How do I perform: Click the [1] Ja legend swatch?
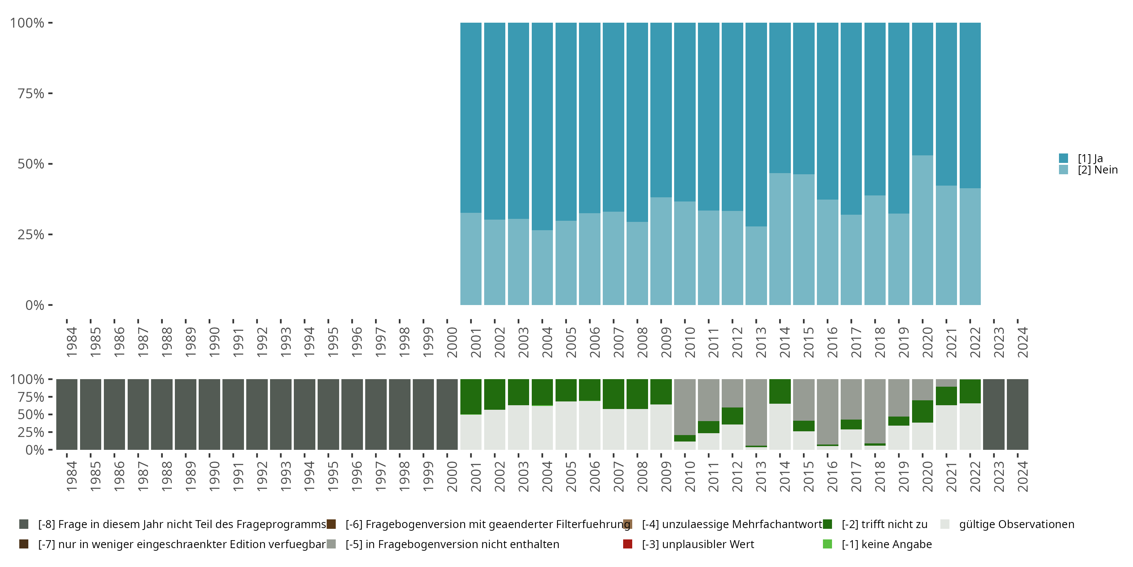click(x=1064, y=158)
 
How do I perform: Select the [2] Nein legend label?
click(x=1097, y=170)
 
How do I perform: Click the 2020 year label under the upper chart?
click(x=927, y=342)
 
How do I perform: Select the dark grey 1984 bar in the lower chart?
click(x=67, y=414)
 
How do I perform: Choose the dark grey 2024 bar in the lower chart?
click(x=1017, y=414)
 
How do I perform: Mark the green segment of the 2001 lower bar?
click(x=471, y=397)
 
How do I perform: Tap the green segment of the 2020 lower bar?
click(x=922, y=411)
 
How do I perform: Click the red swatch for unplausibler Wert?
click(x=628, y=544)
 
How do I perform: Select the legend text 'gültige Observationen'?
click(x=1016, y=524)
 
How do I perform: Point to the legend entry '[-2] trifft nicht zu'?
click(x=884, y=524)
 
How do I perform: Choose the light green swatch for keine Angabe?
click(x=827, y=544)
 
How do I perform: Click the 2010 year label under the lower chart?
click(x=690, y=476)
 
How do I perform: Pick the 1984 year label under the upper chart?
click(x=72, y=342)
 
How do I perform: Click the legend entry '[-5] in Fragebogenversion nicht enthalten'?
click(x=452, y=544)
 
